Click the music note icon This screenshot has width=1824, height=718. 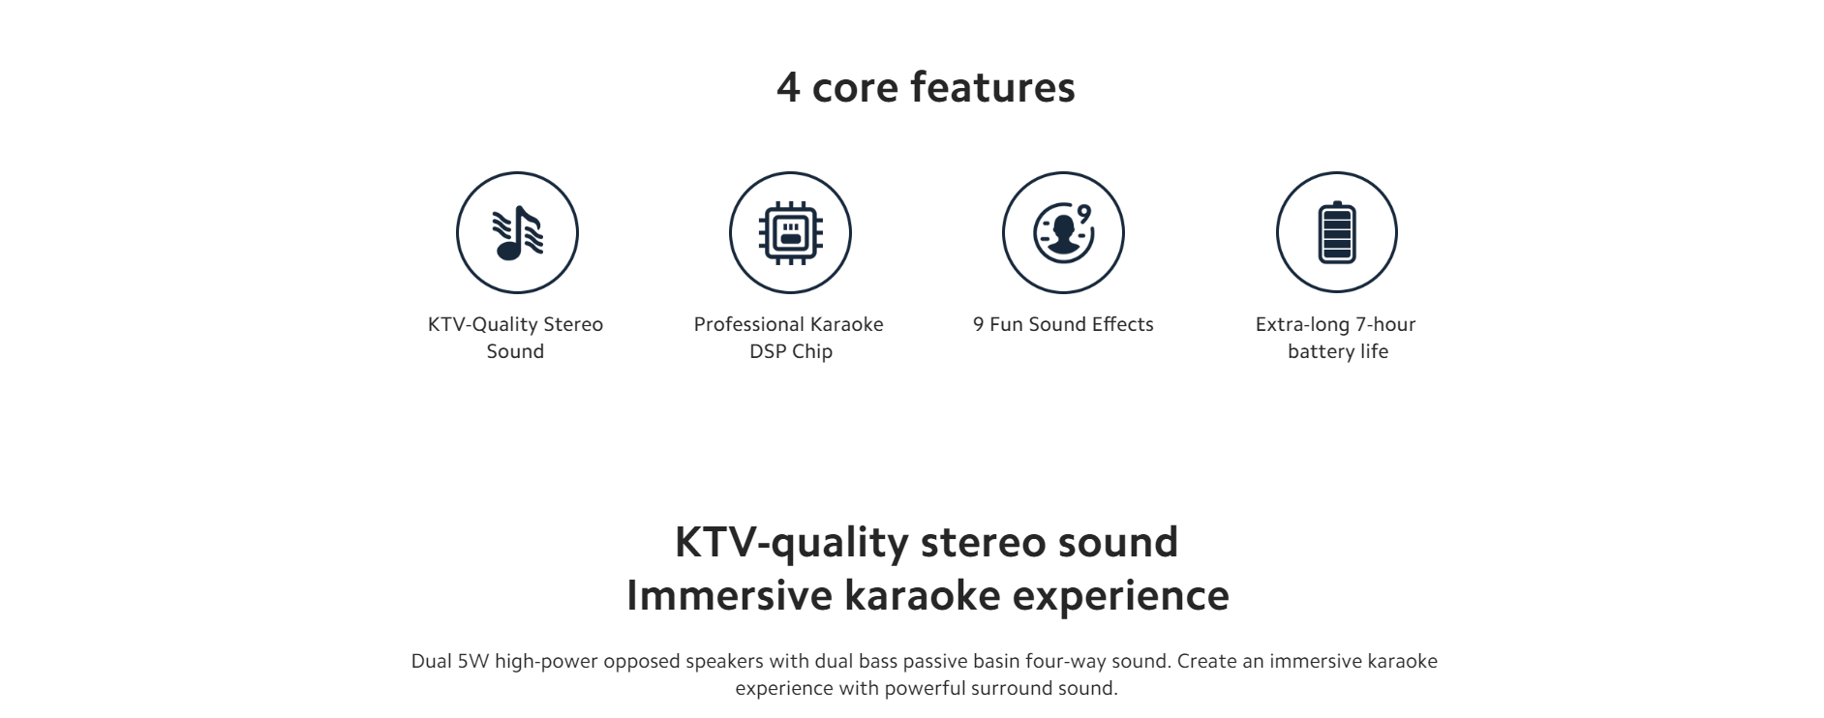(x=517, y=232)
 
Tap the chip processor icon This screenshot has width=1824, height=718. (x=790, y=232)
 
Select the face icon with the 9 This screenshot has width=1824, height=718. (x=1063, y=232)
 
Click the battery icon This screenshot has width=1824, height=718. (x=1337, y=232)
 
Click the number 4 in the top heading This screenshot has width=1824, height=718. (x=788, y=87)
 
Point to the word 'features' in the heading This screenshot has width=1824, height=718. (x=993, y=86)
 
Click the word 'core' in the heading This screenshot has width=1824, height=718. (x=855, y=90)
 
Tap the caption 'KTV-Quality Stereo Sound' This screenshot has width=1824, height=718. (x=515, y=338)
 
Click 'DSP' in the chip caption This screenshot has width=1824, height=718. (x=768, y=351)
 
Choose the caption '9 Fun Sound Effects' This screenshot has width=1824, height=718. (x=1063, y=324)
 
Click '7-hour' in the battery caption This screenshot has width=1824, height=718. (x=1385, y=324)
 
